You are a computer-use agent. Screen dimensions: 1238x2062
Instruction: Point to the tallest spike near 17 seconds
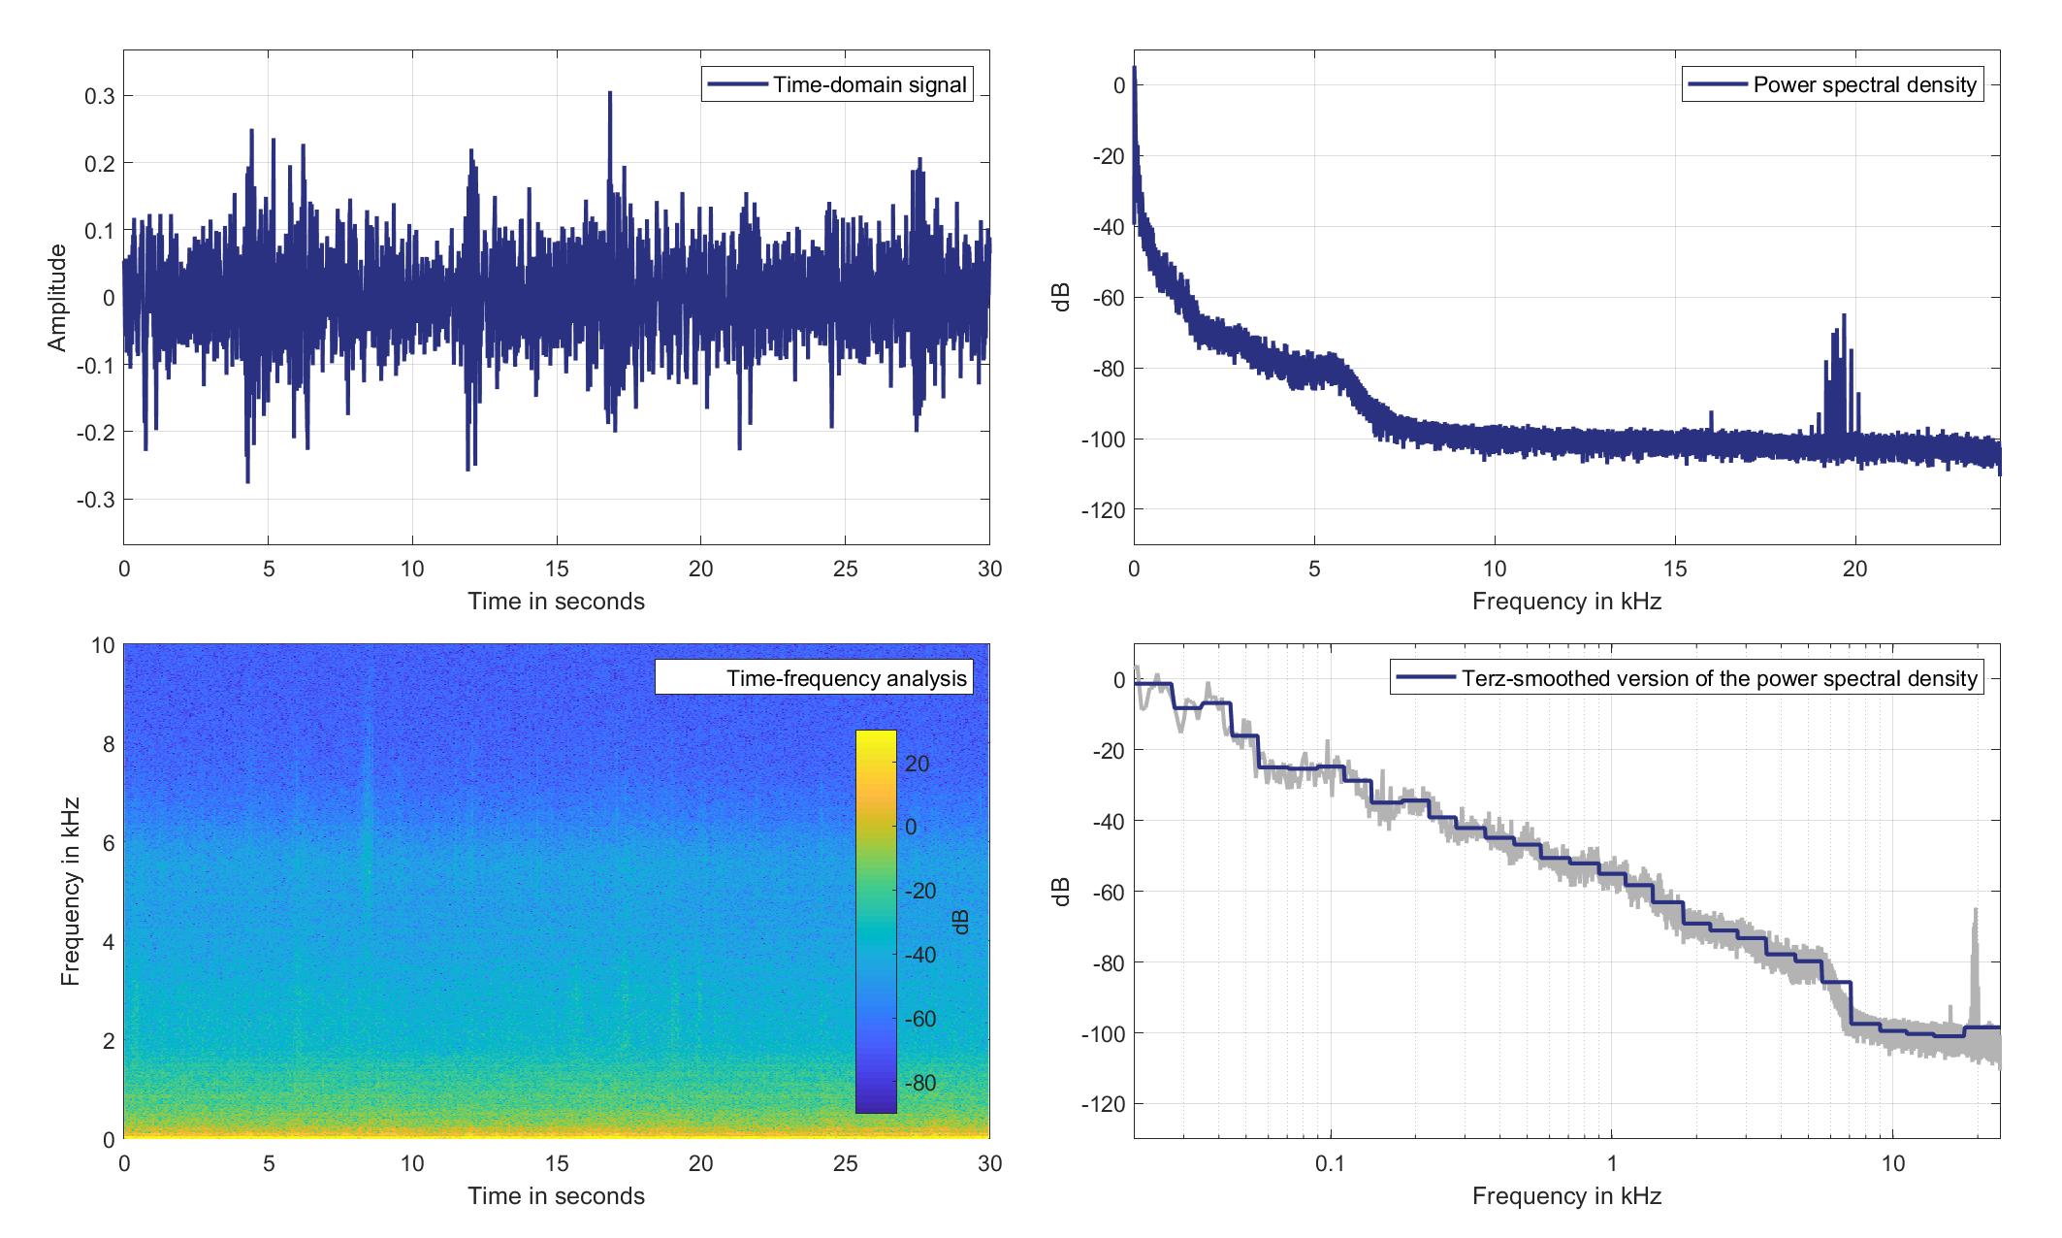click(x=610, y=94)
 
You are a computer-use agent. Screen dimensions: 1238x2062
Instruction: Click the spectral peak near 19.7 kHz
click(x=1844, y=316)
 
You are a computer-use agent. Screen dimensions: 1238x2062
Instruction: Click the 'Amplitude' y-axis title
click(x=57, y=298)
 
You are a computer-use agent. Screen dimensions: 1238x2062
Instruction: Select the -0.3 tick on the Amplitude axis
click(x=96, y=500)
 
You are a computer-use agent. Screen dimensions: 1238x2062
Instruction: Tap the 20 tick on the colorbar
click(x=918, y=765)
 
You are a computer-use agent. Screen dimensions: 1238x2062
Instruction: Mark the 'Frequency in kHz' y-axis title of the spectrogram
click(x=70, y=891)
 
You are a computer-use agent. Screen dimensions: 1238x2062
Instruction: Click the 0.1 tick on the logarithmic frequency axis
click(x=1330, y=1163)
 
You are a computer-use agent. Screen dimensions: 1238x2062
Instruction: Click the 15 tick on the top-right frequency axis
click(x=1675, y=569)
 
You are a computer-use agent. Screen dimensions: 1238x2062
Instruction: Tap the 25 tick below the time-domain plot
click(x=845, y=569)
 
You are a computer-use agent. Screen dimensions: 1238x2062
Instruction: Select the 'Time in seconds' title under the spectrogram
click(x=556, y=1195)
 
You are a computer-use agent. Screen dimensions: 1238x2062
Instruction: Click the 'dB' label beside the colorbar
click(x=960, y=922)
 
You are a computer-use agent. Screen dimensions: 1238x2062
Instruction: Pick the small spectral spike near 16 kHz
click(x=1712, y=414)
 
